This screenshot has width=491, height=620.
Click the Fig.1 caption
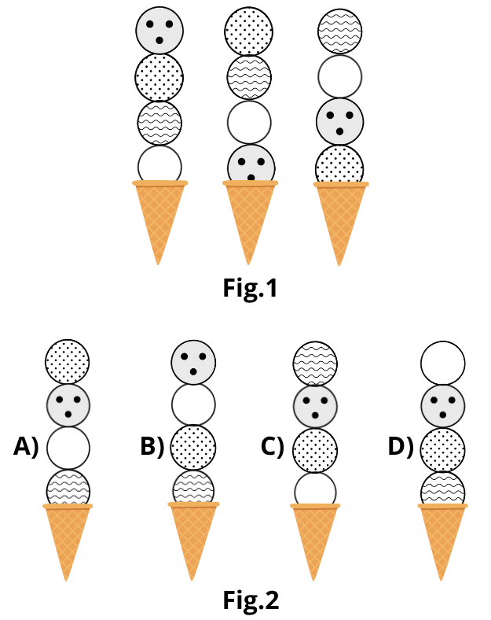pos(251,288)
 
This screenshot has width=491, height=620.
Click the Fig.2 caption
pos(251,600)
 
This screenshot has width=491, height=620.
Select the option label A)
pos(27,447)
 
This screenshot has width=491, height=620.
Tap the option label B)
pos(152,447)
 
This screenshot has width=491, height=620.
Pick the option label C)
pos(273,447)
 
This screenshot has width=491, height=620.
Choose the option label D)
pos(401,447)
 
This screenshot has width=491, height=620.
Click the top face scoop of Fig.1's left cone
pos(159,31)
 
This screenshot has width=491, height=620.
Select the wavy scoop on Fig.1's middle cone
pos(249,77)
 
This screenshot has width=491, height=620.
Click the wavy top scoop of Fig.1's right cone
pos(339,31)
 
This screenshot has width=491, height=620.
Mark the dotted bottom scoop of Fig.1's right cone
pos(339,165)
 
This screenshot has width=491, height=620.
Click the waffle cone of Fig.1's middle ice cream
pos(250,221)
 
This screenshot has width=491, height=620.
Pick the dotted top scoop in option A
pos(67,361)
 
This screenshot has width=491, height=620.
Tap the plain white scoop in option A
pos(68,448)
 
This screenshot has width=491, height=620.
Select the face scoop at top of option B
pos(193,362)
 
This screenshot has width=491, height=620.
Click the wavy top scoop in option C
pos(315,364)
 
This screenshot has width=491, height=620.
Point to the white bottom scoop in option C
pos(315,489)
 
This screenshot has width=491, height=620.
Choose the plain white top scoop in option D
pos(443,363)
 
